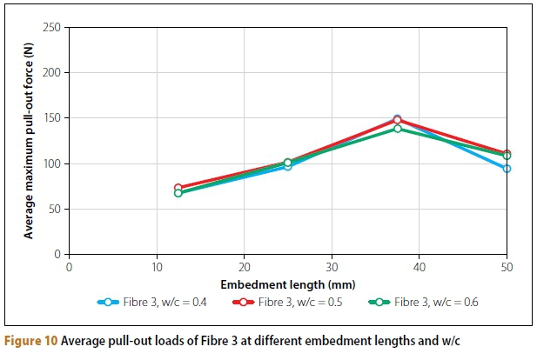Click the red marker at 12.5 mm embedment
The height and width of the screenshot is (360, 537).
tap(178, 188)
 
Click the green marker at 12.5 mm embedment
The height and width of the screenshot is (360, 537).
tap(178, 193)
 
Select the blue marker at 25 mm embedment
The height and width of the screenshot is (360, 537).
tap(287, 166)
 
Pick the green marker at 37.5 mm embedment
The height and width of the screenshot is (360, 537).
tap(398, 129)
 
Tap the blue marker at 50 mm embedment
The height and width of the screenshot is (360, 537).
tap(507, 169)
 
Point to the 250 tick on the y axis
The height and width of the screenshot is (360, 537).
tap(51, 28)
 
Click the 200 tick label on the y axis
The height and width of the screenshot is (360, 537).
tap(51, 73)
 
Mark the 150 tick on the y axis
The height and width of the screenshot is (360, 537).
tap(51, 118)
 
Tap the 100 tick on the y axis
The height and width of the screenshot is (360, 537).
tap(51, 163)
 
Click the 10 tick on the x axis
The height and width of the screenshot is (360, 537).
tap(156, 266)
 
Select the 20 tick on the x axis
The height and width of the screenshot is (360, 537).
tap(244, 266)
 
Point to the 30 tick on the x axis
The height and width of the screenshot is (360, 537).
tap(332, 266)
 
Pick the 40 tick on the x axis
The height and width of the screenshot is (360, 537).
tap(419, 266)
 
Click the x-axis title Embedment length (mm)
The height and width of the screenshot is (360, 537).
tap(286, 283)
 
